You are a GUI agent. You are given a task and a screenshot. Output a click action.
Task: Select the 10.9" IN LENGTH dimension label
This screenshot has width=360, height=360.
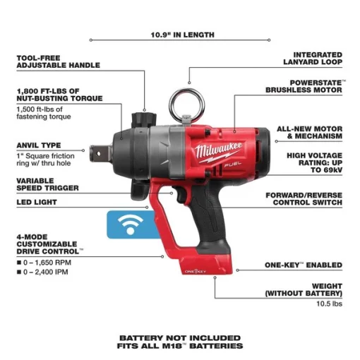[x=183, y=34]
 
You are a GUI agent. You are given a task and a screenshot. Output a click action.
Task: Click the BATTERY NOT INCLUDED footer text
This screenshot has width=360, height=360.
[x=181, y=337]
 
